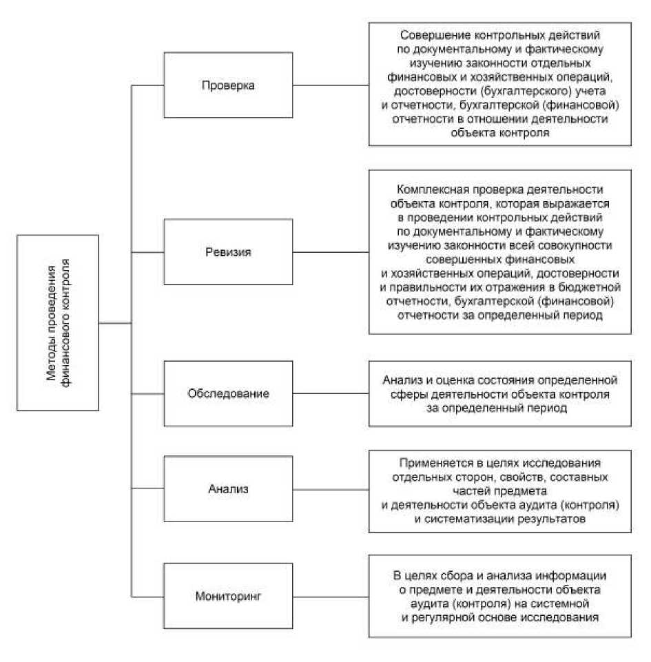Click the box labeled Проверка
(x=228, y=85)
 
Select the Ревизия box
(x=228, y=252)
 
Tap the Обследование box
(x=228, y=394)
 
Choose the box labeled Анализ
(x=228, y=490)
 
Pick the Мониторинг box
(x=228, y=594)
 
